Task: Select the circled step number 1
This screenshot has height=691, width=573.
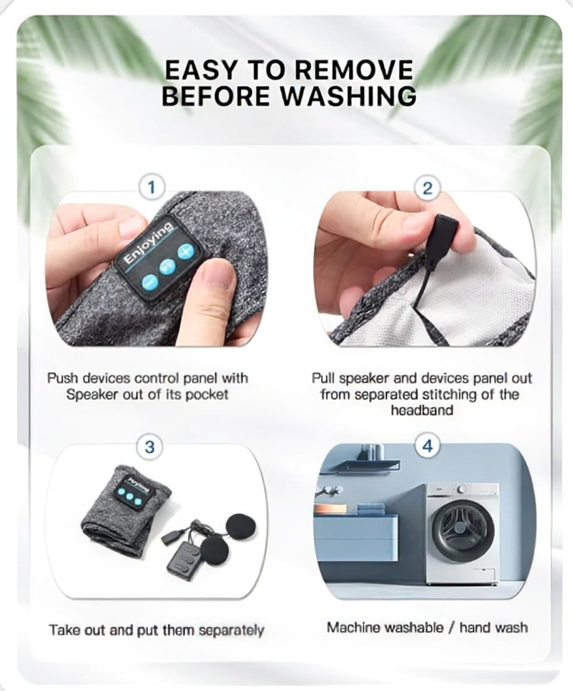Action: (x=152, y=188)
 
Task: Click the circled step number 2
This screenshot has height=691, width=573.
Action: (x=427, y=188)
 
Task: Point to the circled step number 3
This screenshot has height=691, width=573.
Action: (x=150, y=447)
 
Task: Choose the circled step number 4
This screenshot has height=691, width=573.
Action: (x=427, y=446)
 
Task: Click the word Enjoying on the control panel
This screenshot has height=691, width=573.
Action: (x=148, y=244)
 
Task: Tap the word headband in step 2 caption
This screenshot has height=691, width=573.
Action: (x=422, y=410)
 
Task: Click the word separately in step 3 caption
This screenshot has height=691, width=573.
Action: (x=231, y=631)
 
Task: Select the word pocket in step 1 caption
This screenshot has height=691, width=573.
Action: (x=207, y=395)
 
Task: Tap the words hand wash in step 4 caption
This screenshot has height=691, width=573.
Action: (x=493, y=627)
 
